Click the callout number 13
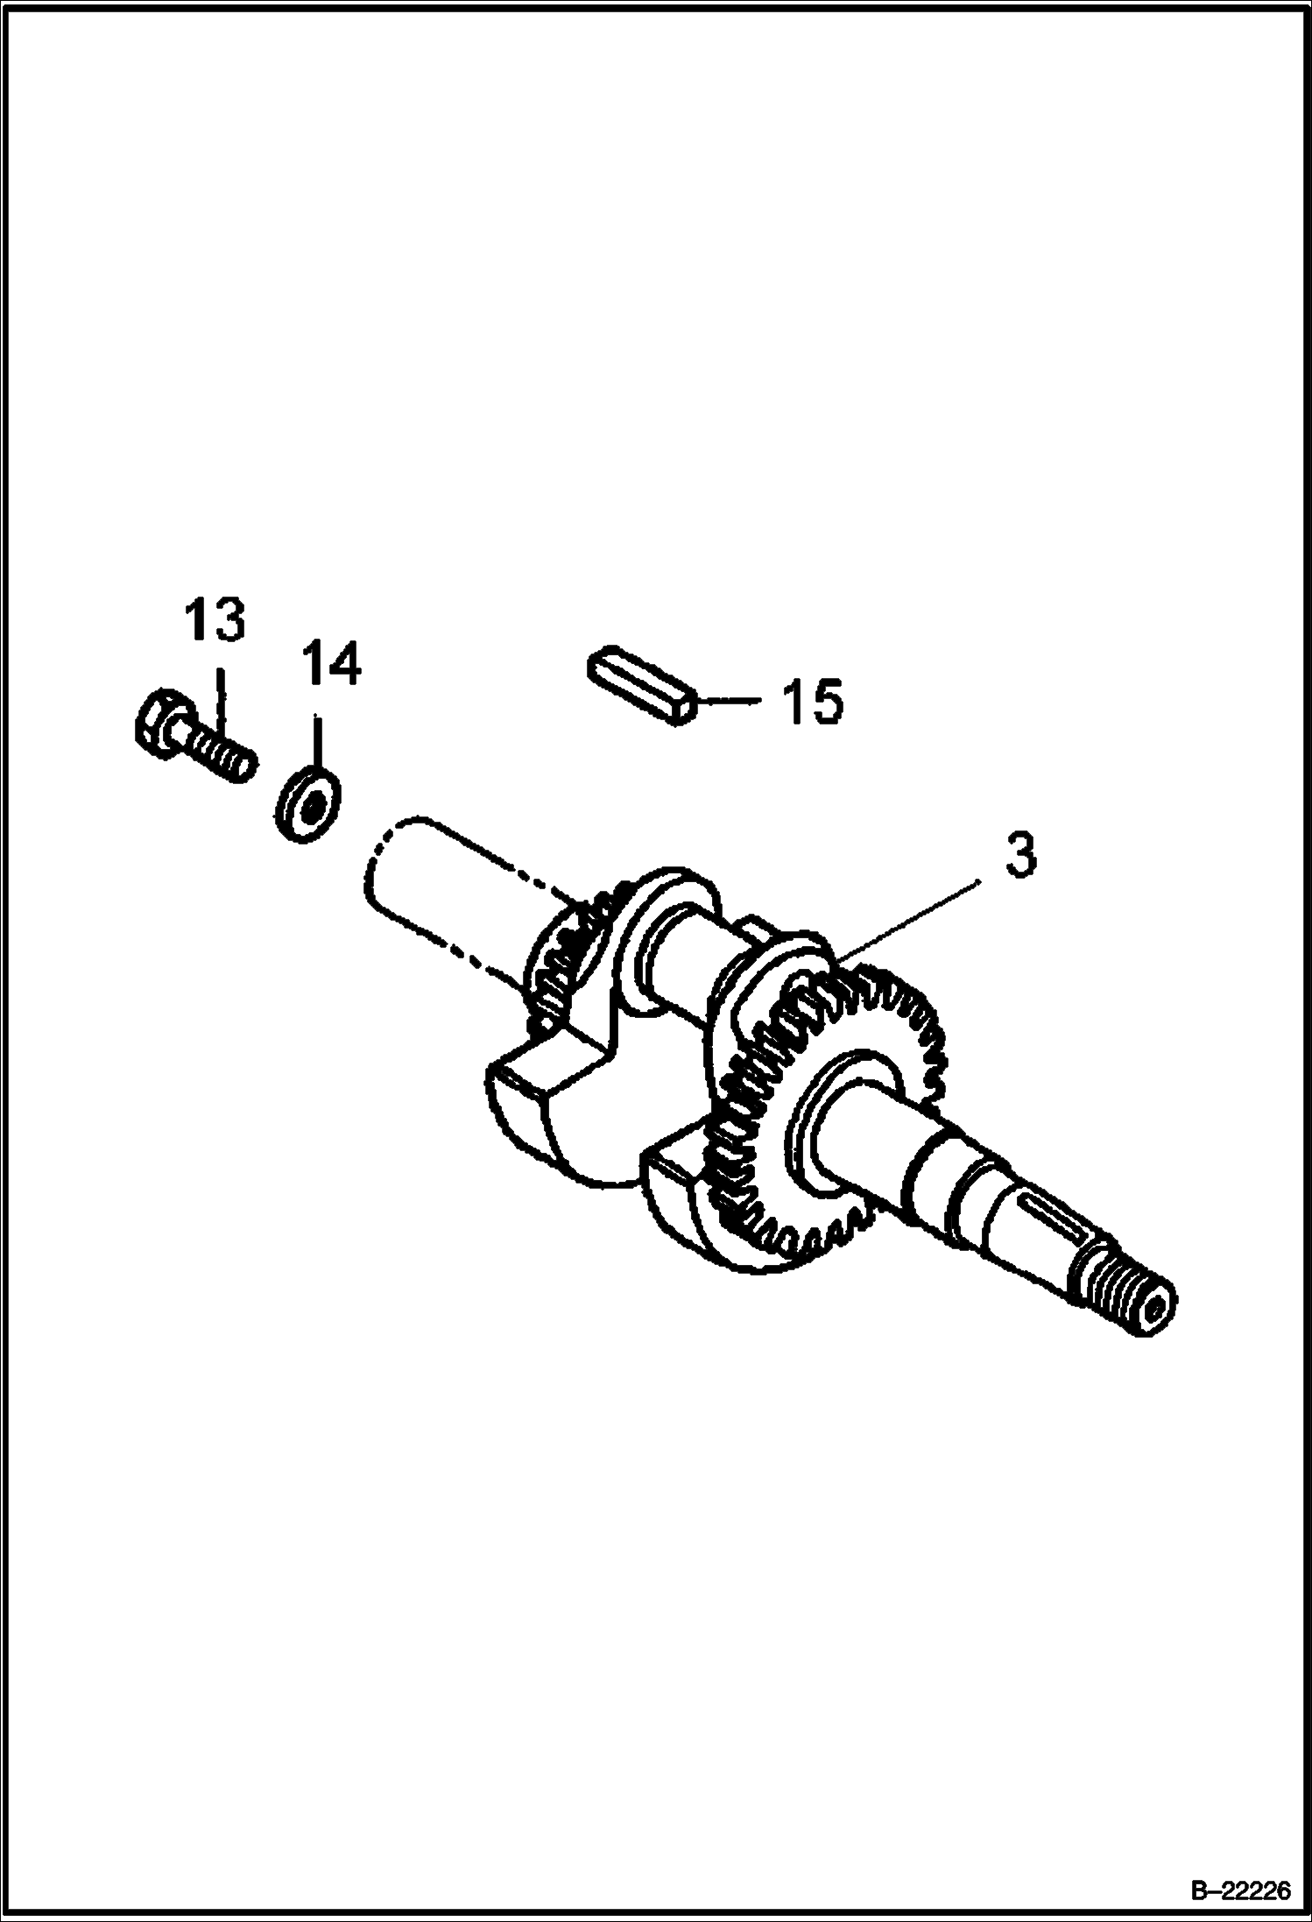click(x=214, y=622)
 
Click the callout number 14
click(x=332, y=664)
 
